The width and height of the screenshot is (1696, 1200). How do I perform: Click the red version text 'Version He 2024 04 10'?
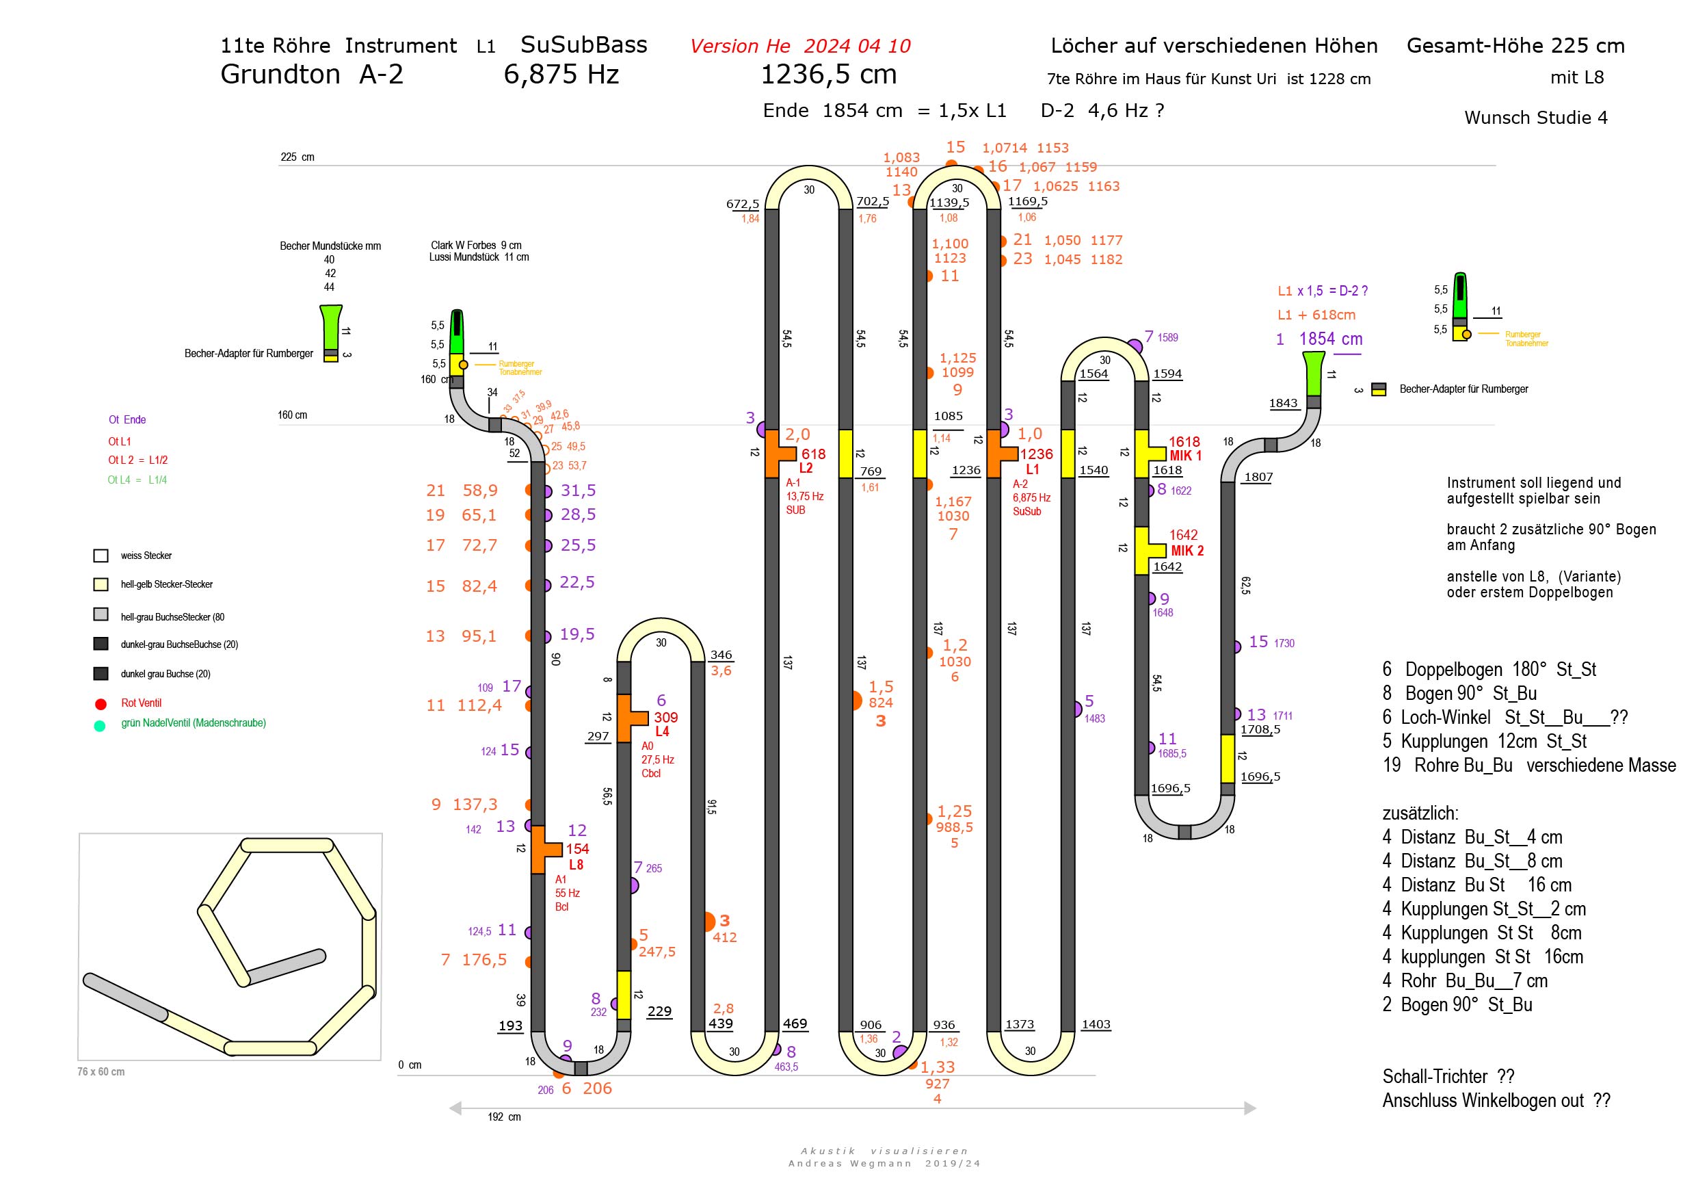pos(800,47)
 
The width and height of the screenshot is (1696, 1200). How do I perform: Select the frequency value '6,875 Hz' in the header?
pos(561,75)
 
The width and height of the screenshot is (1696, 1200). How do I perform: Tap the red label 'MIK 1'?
pos(1185,456)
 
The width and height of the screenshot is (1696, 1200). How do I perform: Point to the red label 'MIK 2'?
pos(1187,551)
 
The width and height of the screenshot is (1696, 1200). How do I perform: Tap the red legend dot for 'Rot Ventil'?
pos(101,703)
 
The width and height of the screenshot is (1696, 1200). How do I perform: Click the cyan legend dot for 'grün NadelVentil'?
pos(100,726)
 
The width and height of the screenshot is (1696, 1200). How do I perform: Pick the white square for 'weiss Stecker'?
pos(101,556)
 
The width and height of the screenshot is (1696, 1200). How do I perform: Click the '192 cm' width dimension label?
pos(504,1117)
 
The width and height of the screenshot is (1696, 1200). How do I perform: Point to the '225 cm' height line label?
pos(297,157)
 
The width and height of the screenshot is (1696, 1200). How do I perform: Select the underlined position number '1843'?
pos(1283,403)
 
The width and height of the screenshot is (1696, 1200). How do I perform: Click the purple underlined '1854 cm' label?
pos(1330,339)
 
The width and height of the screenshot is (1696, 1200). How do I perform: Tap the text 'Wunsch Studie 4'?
pos(1536,118)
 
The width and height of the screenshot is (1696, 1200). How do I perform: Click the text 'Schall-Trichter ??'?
pos(1448,1077)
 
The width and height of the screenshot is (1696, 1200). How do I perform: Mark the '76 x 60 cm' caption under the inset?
pos(101,1071)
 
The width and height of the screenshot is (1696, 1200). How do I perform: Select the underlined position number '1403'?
pos(1096,1024)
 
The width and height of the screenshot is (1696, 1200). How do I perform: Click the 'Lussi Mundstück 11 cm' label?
pos(479,257)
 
